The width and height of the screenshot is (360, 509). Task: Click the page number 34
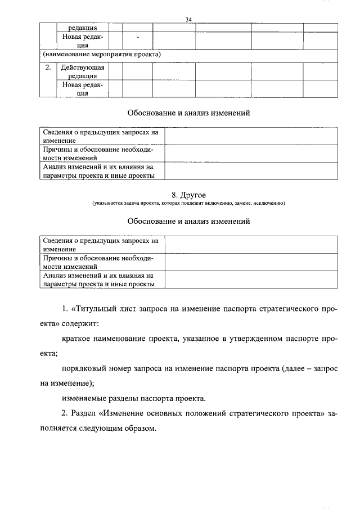189,20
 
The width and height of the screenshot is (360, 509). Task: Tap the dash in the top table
137,37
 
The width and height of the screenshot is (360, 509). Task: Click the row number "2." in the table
48,67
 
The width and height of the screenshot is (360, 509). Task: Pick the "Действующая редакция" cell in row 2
83,71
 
